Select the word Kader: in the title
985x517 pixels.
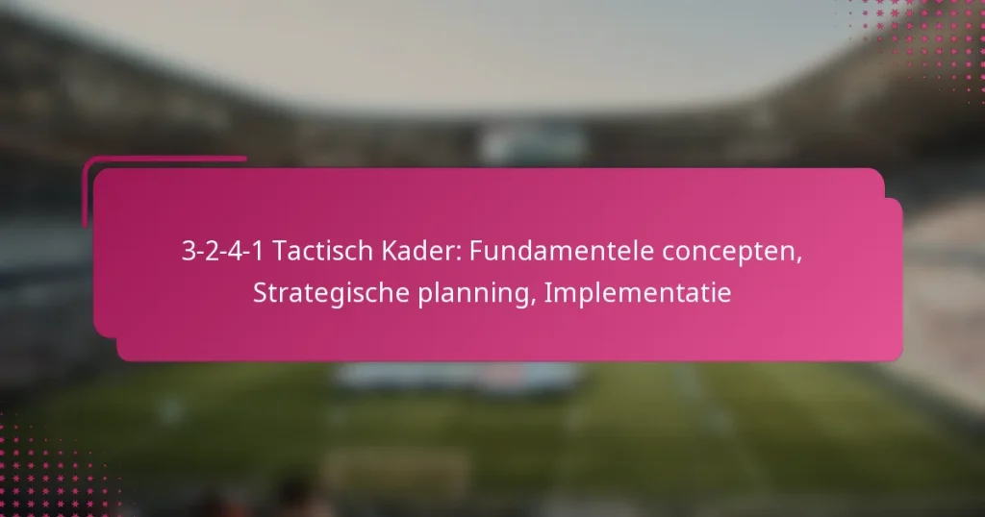(x=408, y=253)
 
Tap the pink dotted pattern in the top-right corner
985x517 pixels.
(x=943, y=38)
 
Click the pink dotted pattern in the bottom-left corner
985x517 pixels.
(x=48, y=471)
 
